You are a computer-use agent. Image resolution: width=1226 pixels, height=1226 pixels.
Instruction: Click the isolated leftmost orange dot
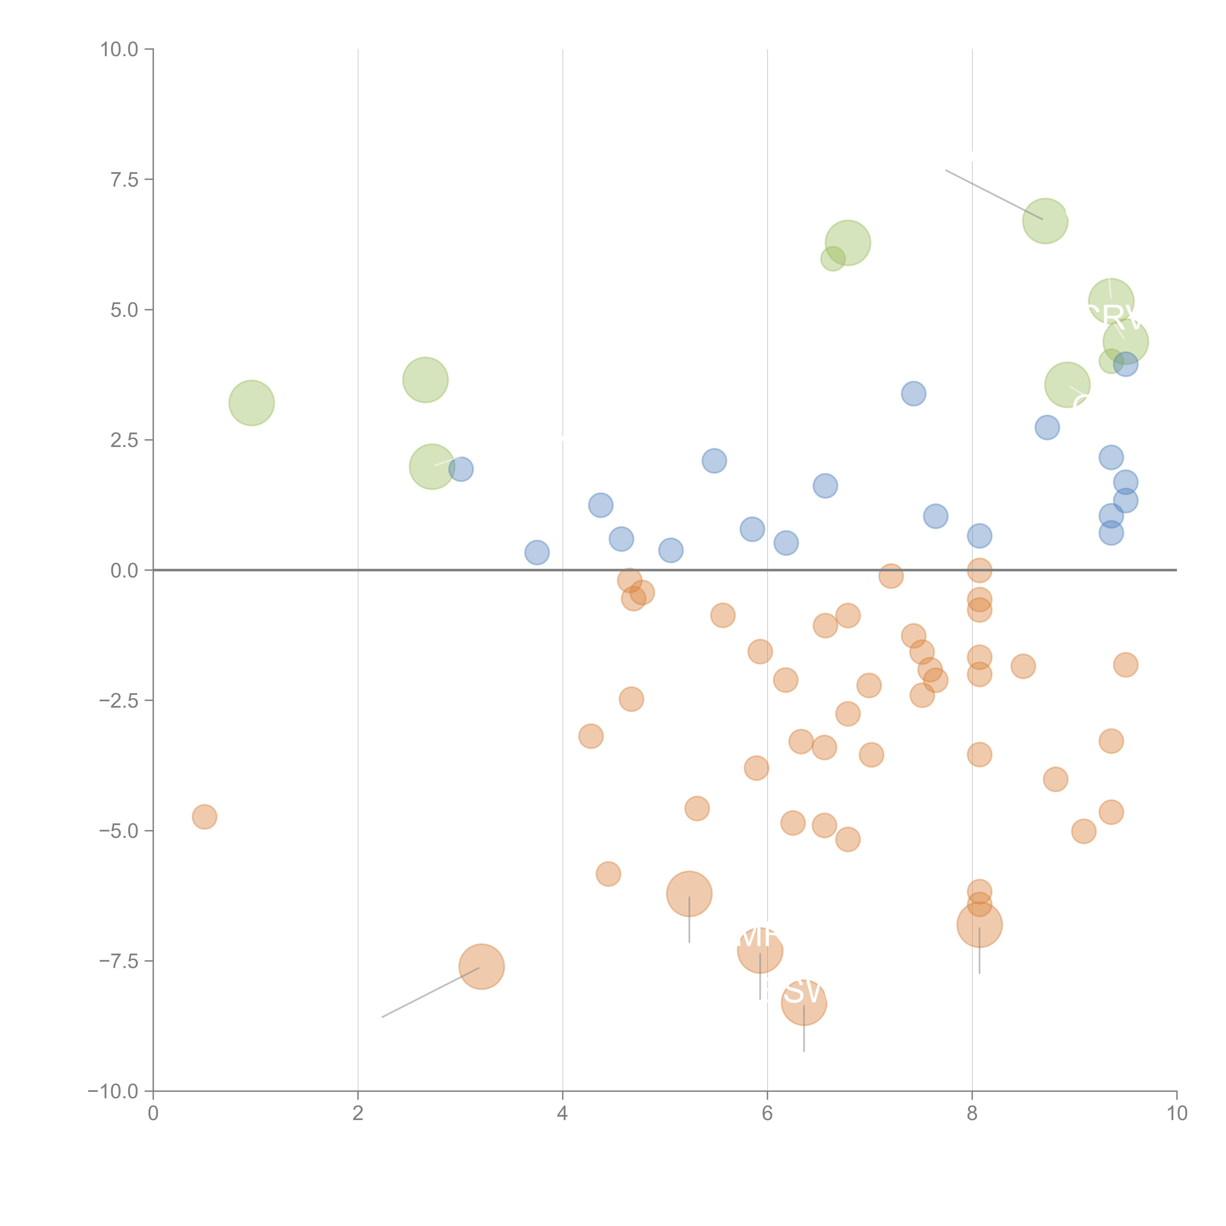point(204,817)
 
